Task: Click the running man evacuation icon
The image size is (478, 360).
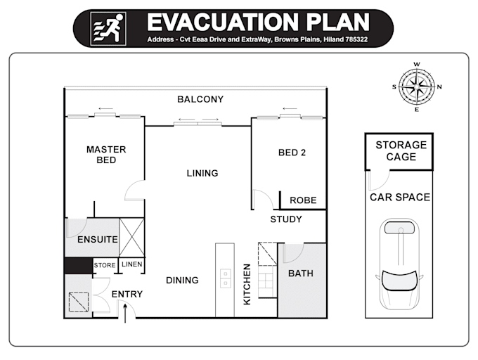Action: point(108,29)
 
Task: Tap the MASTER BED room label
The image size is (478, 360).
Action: point(106,155)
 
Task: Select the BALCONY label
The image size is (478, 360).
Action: point(200,100)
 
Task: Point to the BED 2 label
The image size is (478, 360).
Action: point(292,153)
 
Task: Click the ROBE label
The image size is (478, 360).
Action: point(303,200)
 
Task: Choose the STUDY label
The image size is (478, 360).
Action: point(286,219)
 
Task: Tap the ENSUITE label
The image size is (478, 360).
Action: point(98,240)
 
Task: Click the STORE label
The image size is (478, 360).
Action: point(105,265)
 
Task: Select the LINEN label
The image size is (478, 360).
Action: point(131,264)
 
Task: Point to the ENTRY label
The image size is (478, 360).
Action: point(127,294)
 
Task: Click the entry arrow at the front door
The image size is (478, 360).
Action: point(124,311)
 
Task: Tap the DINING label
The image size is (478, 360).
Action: point(182,281)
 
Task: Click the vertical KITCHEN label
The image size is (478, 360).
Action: point(247,284)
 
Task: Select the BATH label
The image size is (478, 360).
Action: point(301,274)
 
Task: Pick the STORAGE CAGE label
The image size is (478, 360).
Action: point(401,151)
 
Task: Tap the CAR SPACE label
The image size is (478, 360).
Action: point(400,198)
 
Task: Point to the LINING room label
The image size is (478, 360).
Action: point(202,173)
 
